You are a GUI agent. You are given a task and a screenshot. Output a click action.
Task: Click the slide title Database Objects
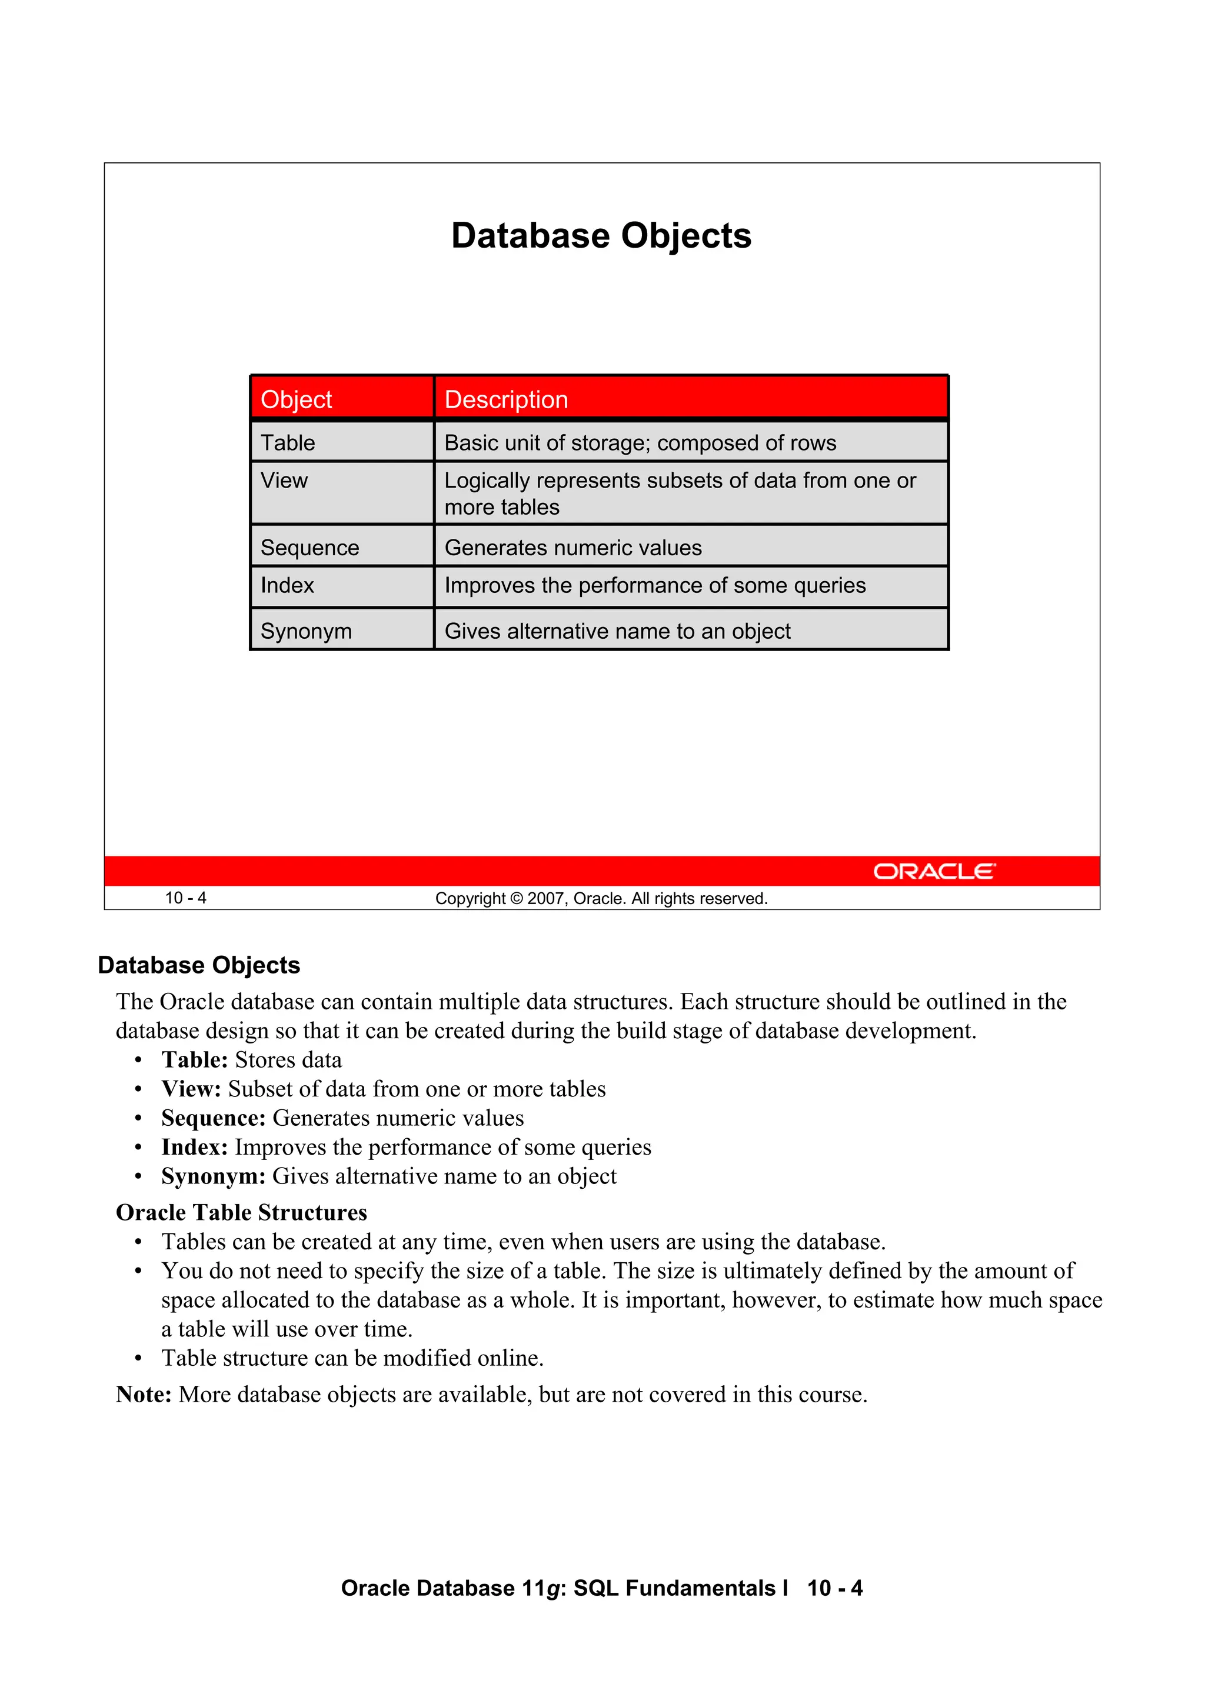point(601,236)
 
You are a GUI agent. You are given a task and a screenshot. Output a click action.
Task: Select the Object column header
point(296,399)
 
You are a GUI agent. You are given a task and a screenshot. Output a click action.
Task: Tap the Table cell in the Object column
point(288,443)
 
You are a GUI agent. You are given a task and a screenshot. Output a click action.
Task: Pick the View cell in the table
point(284,481)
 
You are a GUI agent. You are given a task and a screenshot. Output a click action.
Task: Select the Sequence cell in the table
point(309,548)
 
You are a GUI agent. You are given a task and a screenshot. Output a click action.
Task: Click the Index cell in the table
point(287,586)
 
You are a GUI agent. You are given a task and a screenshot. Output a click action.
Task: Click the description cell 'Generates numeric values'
point(572,548)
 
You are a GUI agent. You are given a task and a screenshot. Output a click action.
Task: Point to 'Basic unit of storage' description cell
point(640,443)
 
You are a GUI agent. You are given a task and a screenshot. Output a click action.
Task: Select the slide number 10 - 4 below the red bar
point(185,898)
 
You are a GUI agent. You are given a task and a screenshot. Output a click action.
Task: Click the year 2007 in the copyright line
point(547,899)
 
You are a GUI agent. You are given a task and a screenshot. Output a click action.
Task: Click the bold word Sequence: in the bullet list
point(213,1118)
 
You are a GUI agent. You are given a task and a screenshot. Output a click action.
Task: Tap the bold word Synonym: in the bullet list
point(213,1176)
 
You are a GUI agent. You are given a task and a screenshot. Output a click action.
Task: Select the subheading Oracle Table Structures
point(241,1213)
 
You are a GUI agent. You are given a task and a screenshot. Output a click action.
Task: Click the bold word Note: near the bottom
point(144,1395)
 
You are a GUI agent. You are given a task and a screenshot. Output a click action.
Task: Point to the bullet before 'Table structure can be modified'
point(138,1359)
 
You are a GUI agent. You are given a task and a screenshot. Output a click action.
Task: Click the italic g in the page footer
point(552,1589)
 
